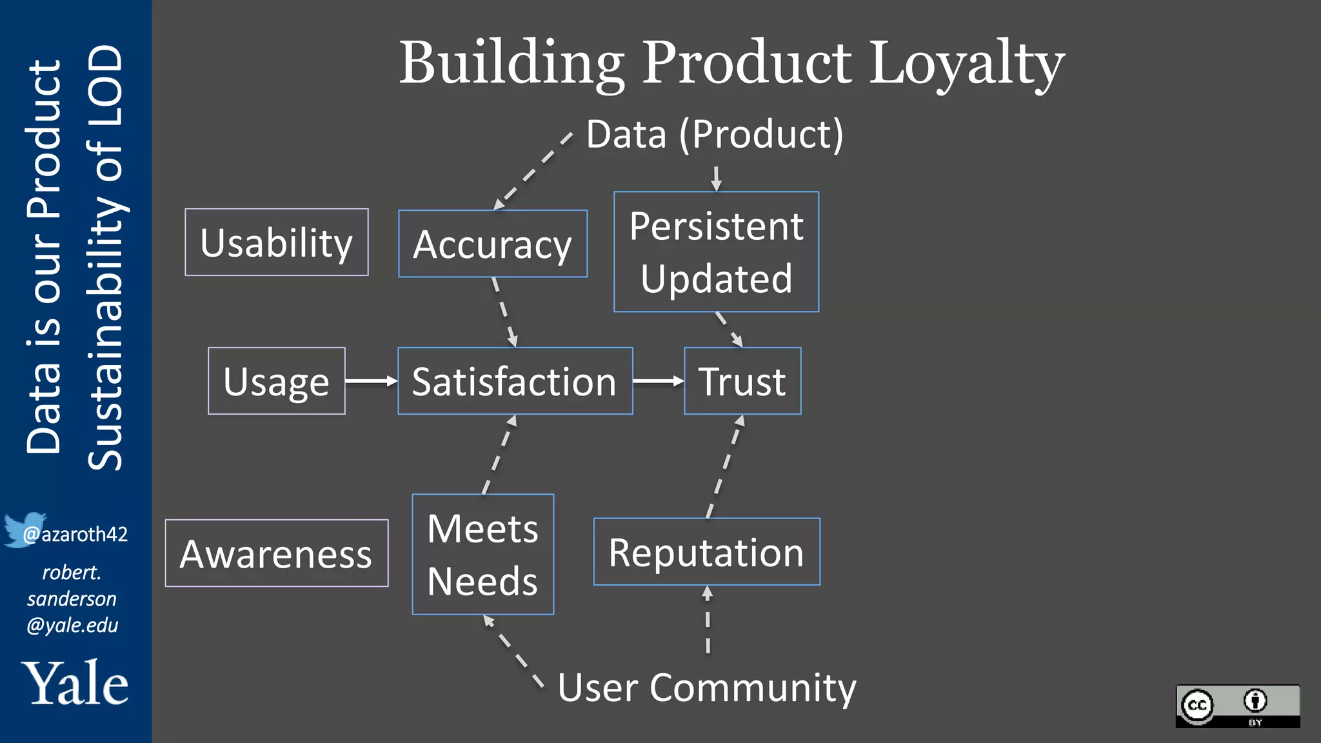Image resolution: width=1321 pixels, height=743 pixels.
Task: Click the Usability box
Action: pos(276,243)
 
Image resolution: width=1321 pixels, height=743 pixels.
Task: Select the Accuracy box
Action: pos(493,244)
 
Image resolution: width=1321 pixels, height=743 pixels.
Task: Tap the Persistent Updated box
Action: pos(716,252)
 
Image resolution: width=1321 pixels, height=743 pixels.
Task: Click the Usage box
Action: pos(276,381)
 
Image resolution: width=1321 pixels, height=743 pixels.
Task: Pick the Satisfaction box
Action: pos(515,381)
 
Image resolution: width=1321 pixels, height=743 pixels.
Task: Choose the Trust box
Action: pos(742,381)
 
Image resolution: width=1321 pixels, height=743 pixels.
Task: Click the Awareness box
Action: pos(276,553)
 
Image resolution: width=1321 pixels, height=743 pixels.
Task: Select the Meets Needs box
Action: pos(482,555)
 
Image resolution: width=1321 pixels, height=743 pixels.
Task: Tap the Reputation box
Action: pos(706,552)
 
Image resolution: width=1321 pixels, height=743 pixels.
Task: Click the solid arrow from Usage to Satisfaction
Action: pos(371,381)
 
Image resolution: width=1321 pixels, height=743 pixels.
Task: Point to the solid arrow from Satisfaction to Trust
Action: pos(658,381)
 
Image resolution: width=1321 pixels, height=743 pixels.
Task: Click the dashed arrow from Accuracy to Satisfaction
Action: pos(504,312)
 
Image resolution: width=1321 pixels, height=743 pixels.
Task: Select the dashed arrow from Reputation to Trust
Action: pos(725,466)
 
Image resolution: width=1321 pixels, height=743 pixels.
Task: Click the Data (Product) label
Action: pos(715,134)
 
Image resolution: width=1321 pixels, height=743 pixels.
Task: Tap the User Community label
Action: pos(707,688)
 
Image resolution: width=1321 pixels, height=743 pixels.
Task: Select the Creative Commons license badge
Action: pos(1237,706)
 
